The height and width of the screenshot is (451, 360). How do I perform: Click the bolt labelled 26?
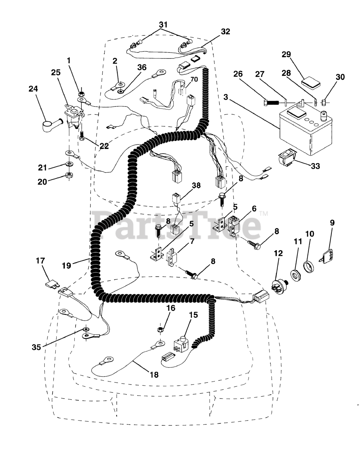pyautogui.click(x=271, y=103)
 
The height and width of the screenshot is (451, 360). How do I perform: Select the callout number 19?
pyautogui.click(x=67, y=266)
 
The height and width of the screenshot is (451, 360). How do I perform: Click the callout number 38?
pyautogui.click(x=196, y=186)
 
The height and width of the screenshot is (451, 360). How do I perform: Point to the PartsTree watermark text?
pyautogui.click(x=176, y=224)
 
